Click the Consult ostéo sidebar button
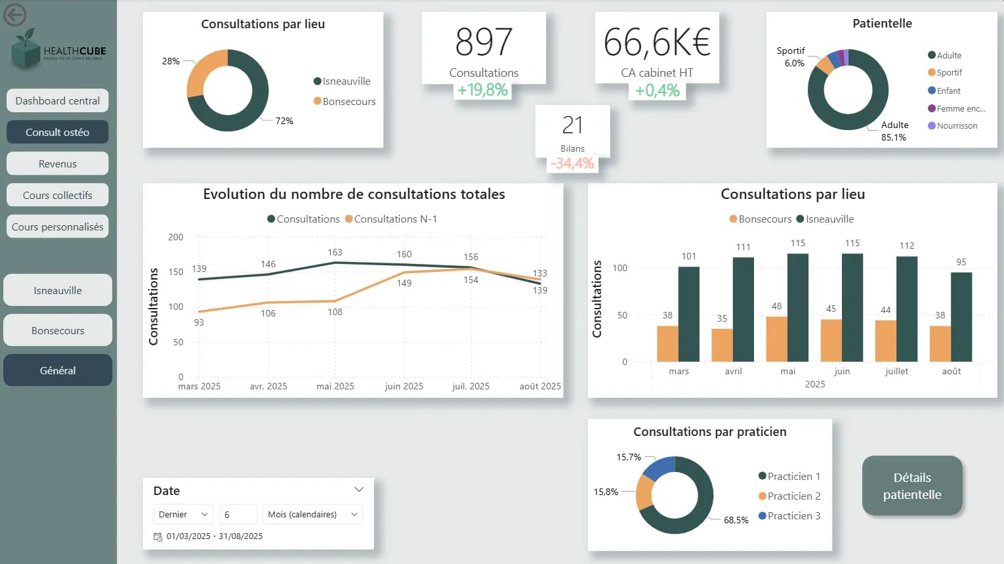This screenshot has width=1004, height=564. point(58,132)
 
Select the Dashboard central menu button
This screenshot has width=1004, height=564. point(58,100)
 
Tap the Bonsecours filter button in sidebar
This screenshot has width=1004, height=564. point(58,330)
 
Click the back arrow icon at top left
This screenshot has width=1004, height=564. point(15,14)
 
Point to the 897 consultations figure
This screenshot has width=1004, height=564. point(484,42)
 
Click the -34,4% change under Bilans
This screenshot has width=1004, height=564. point(573,163)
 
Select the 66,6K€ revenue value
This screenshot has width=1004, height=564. point(657,42)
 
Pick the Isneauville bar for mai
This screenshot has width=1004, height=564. point(798,307)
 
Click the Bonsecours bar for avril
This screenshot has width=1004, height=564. point(722,345)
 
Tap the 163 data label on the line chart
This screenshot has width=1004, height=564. point(335,252)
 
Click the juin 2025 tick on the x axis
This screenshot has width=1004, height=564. point(404,386)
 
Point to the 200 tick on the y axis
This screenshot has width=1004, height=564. point(176,237)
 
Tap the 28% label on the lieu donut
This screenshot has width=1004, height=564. point(171,61)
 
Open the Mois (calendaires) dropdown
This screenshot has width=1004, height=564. point(312,514)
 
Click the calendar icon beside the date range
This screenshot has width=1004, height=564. point(157,536)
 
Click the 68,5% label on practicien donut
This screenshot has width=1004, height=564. point(736,520)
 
